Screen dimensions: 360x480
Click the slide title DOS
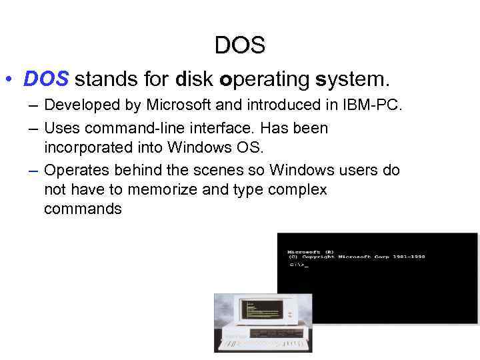240,45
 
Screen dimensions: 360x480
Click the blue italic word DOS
46,80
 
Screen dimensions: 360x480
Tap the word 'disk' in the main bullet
195,80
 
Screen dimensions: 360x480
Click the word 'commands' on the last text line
83,209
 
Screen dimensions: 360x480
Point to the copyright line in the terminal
357,257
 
